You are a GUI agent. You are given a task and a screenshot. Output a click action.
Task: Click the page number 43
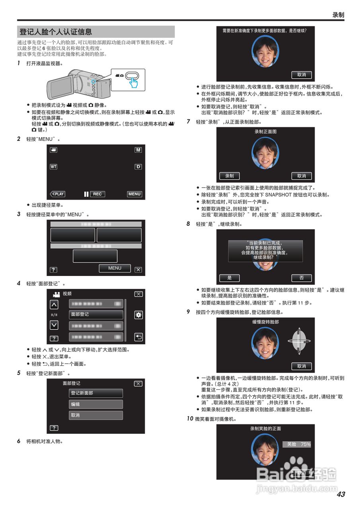(x=341, y=494)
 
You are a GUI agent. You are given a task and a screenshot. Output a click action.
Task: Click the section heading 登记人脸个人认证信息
(x=56, y=32)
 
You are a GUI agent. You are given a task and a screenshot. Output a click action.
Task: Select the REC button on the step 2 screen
(x=97, y=194)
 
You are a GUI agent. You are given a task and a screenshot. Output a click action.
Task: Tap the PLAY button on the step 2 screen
(x=58, y=194)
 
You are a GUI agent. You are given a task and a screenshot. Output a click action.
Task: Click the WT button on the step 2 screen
(x=53, y=167)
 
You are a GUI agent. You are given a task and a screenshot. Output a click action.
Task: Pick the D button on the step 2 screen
(x=138, y=167)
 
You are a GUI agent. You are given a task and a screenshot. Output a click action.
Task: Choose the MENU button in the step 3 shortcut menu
(x=115, y=268)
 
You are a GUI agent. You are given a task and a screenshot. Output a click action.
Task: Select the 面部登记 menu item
(x=96, y=315)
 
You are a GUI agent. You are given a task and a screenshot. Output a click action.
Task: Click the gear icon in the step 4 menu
(x=138, y=315)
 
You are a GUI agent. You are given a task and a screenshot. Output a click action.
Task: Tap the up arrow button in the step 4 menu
(x=54, y=305)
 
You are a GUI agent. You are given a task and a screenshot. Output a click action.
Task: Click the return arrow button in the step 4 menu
(x=138, y=337)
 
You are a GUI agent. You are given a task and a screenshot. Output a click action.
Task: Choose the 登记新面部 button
(x=96, y=393)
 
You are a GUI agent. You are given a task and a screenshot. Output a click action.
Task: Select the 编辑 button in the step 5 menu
(x=96, y=404)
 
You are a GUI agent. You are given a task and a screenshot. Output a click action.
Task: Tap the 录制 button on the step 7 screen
(x=230, y=176)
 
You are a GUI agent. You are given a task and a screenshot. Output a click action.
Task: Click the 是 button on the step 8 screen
(x=230, y=278)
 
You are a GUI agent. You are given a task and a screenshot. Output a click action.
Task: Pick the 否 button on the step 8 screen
(x=301, y=278)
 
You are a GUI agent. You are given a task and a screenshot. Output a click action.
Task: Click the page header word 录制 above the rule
(x=338, y=15)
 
